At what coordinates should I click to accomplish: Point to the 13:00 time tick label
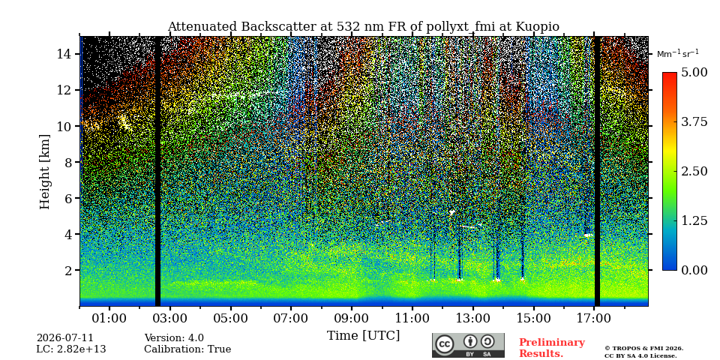(473, 318)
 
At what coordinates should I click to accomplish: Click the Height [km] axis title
(44, 172)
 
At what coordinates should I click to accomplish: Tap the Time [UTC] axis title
(363, 336)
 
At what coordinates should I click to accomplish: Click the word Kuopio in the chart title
(537, 27)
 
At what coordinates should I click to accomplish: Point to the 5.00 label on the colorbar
(694, 73)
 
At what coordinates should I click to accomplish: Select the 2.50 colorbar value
(694, 171)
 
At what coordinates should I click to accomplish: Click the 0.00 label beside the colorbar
(694, 270)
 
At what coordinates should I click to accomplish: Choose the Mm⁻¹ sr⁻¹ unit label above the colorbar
(678, 53)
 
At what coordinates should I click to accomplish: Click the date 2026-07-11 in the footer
(64, 338)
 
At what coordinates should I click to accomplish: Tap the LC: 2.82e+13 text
(71, 349)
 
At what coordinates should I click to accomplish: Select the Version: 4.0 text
(174, 338)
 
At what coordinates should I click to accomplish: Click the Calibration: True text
(187, 349)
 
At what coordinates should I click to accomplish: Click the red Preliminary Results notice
(552, 348)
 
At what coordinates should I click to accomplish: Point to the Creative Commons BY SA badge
(468, 345)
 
